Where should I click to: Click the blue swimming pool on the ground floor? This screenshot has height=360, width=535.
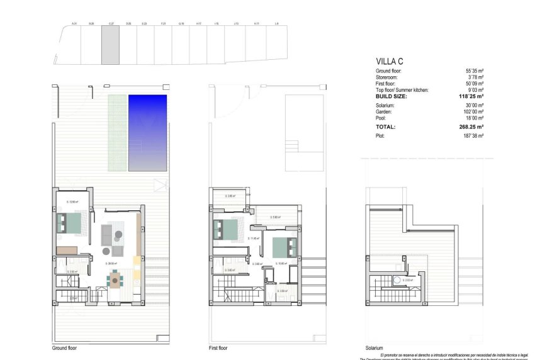[x=148, y=133]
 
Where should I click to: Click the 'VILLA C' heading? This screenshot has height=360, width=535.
[x=389, y=61]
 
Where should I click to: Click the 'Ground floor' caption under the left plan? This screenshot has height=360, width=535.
[x=66, y=347]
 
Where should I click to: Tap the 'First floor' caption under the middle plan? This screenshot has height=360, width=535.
[x=218, y=347]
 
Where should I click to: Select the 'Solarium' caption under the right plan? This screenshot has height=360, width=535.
[x=374, y=347]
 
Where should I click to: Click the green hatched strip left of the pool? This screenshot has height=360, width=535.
[x=117, y=133]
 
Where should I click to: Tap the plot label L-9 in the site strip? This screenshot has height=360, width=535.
[x=277, y=24]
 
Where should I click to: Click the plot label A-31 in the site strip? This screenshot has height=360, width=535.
[x=74, y=24]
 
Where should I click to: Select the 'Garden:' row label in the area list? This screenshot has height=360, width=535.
[x=385, y=111]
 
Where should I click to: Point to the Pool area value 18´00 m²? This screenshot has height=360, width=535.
[x=475, y=118]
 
